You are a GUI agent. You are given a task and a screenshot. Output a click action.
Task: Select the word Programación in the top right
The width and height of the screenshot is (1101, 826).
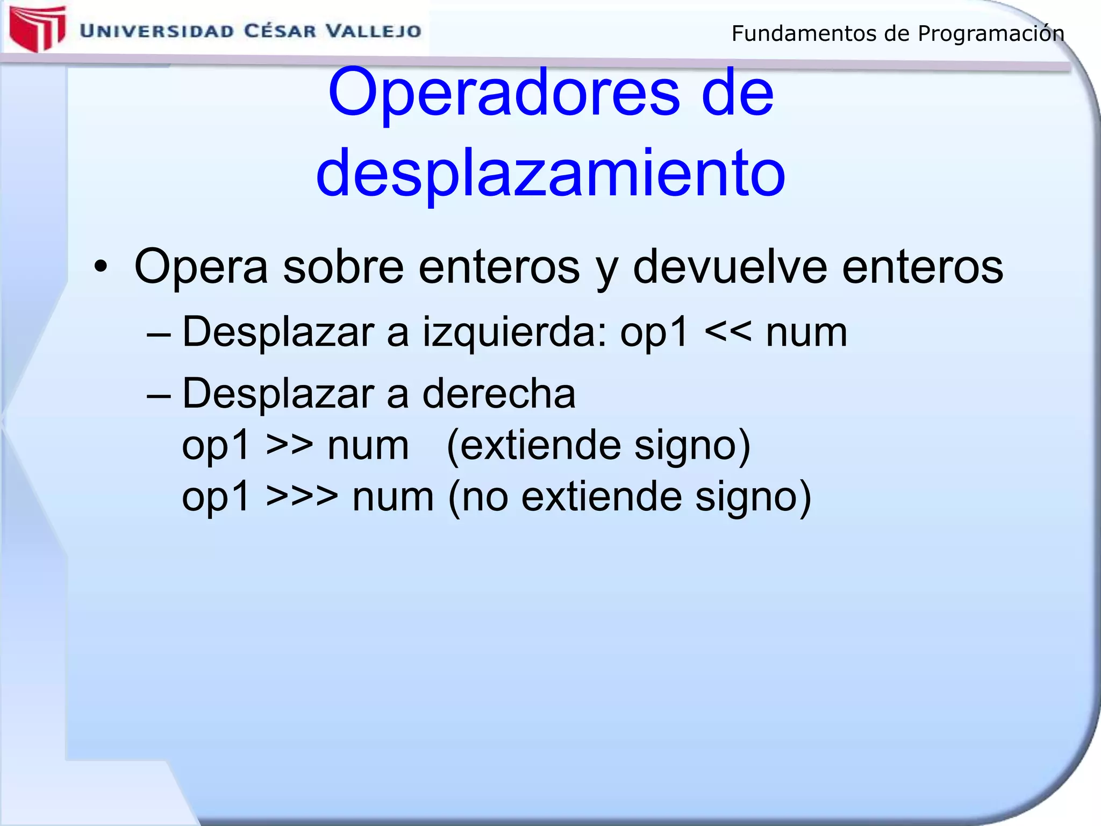point(991,34)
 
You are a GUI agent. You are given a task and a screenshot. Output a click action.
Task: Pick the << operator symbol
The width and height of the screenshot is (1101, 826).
point(727,332)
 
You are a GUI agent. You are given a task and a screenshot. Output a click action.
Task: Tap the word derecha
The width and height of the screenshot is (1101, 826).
point(499,393)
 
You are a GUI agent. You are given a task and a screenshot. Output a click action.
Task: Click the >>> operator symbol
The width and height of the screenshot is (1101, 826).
point(302,496)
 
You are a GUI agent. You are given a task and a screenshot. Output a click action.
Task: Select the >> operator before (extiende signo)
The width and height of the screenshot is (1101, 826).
point(290,445)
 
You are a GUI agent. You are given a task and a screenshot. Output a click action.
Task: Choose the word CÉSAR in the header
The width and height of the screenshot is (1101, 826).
point(280,31)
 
